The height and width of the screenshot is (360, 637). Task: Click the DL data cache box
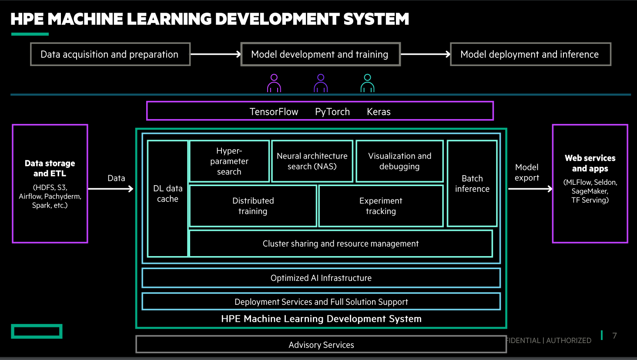pyautogui.click(x=168, y=198)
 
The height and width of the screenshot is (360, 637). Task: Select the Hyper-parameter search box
pyautogui.click(x=229, y=161)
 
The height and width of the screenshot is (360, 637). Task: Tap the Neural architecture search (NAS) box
pyautogui.click(x=312, y=161)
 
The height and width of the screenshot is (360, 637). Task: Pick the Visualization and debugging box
pyautogui.click(x=399, y=161)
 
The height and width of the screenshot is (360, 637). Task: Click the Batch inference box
pyautogui.click(x=472, y=183)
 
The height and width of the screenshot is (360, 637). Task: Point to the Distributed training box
pyautogui.click(x=253, y=206)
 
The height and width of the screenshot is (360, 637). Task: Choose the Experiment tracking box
pyautogui.click(x=381, y=206)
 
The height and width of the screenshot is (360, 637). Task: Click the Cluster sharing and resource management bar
pyautogui.click(x=341, y=244)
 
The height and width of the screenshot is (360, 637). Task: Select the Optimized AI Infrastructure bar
pyautogui.click(x=321, y=278)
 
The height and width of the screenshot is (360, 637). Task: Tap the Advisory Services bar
pyautogui.click(x=321, y=345)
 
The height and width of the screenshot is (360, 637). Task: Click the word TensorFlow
pyautogui.click(x=274, y=112)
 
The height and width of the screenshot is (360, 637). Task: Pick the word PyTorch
pyautogui.click(x=332, y=112)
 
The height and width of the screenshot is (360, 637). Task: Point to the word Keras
pyautogui.click(x=379, y=112)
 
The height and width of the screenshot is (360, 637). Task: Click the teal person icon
pyautogui.click(x=367, y=83)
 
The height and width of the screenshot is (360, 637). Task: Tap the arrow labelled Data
pyautogui.click(x=111, y=189)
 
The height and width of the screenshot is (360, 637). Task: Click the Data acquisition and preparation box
pyautogui.click(x=110, y=54)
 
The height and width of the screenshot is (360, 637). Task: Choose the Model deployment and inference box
pyautogui.click(x=530, y=54)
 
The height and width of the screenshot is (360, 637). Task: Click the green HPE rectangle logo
pyautogui.click(x=37, y=331)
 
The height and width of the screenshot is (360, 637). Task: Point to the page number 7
pyautogui.click(x=614, y=336)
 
